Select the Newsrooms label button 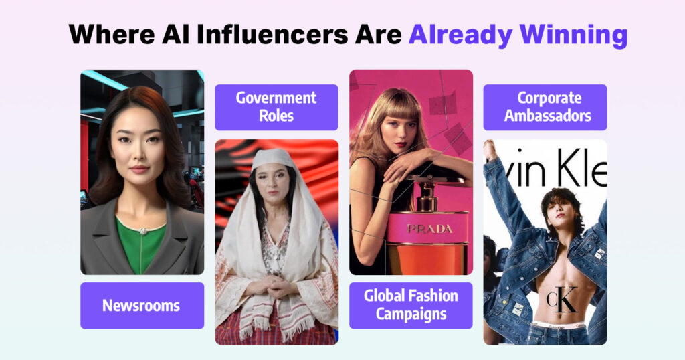click(x=142, y=305)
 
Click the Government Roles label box click(x=276, y=107)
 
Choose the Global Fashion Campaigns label click(x=411, y=305)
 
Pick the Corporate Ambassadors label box click(x=545, y=107)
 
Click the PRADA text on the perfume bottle click(x=429, y=228)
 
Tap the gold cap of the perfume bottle click(x=429, y=196)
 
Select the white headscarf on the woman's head click(x=274, y=159)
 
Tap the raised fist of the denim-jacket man click(x=490, y=149)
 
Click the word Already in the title click(x=460, y=35)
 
